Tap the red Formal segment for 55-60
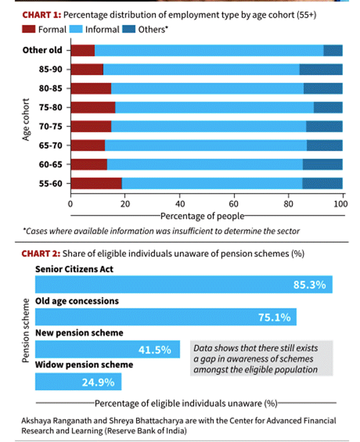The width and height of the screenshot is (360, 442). click(96, 183)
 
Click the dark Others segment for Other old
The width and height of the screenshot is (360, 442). click(332, 51)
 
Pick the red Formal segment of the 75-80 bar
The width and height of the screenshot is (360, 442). click(93, 107)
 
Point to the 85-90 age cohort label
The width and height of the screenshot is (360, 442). click(51, 69)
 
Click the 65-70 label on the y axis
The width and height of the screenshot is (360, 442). click(51, 145)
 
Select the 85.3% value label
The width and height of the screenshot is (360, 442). click(310, 285)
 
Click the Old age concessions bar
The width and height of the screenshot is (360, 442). click(165, 317)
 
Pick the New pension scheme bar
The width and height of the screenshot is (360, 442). click(107, 349)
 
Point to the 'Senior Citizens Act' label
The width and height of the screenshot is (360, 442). click(75, 269)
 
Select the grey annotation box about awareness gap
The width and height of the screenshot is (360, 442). click(261, 358)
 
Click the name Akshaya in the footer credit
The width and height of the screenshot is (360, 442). click(37, 421)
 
